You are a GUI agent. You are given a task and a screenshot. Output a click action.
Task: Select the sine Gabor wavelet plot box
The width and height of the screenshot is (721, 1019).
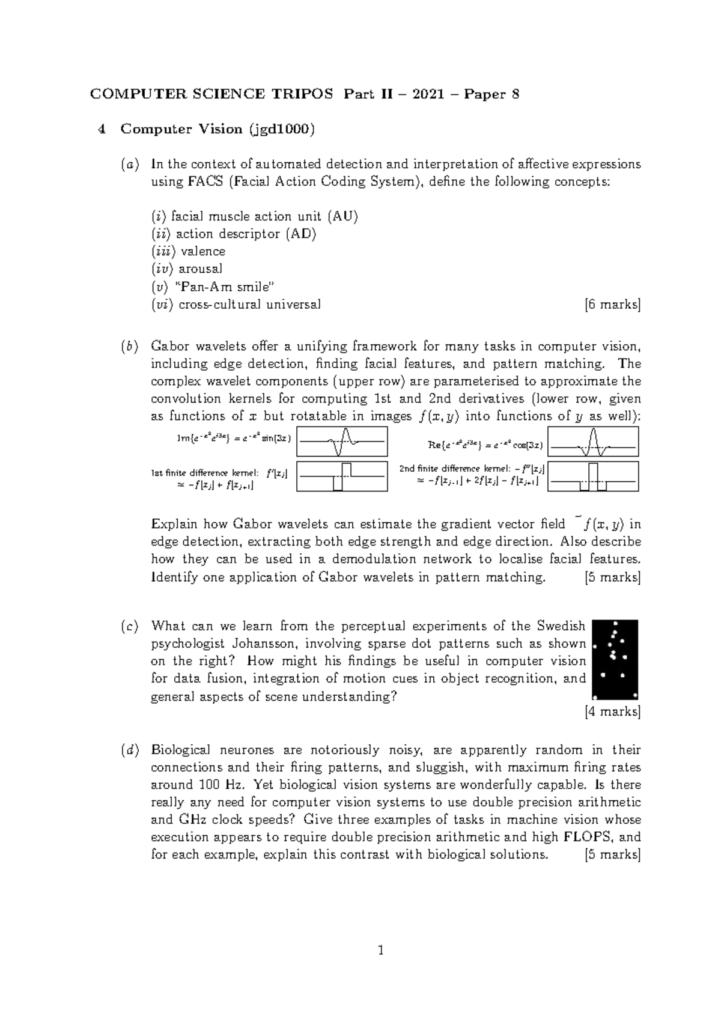(x=342, y=442)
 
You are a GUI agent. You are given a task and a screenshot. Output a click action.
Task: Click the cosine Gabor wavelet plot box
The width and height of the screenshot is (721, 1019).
(x=593, y=442)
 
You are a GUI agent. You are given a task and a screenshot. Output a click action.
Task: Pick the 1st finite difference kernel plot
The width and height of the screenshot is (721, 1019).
(x=342, y=476)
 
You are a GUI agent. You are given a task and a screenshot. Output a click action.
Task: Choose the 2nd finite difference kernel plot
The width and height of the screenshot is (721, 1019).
(x=593, y=476)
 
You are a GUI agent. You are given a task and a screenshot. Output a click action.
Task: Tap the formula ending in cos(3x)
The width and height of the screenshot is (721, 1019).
(x=485, y=445)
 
